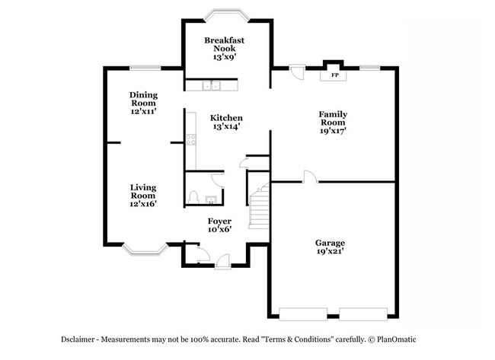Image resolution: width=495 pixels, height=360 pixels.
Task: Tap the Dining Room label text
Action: (x=143, y=99)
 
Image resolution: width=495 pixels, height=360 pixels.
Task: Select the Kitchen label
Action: (x=226, y=118)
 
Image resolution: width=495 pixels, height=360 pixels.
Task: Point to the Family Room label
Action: (x=332, y=118)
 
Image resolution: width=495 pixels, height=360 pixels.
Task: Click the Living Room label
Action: (x=143, y=191)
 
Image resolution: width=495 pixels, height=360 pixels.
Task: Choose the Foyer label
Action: (x=219, y=221)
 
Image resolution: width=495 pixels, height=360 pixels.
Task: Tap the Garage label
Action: (x=331, y=243)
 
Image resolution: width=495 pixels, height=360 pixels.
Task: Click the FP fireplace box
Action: (x=334, y=75)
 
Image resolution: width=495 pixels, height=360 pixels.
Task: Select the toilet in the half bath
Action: (x=193, y=198)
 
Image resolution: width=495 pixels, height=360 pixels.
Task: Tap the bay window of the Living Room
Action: (x=145, y=247)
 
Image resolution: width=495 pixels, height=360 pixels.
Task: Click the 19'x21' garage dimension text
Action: (x=331, y=252)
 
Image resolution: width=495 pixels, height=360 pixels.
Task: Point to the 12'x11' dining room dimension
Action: (x=143, y=111)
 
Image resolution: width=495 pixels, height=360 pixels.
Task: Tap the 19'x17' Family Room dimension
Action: (x=332, y=131)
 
